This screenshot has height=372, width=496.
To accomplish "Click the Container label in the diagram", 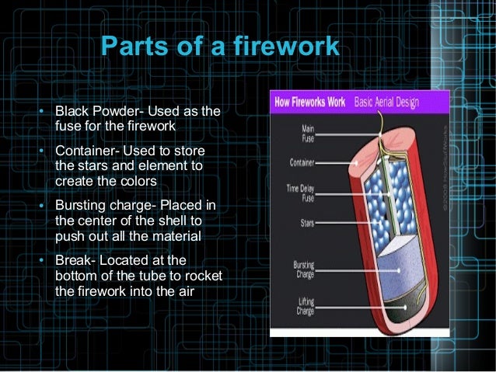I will [302, 163].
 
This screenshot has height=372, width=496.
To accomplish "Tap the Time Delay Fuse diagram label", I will [302, 193].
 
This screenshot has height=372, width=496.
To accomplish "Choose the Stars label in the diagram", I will [306, 224].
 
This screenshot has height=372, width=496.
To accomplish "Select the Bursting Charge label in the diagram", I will [303, 269].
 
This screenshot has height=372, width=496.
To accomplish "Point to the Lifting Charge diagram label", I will [304, 305].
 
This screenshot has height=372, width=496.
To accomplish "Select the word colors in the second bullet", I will [138, 180].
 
